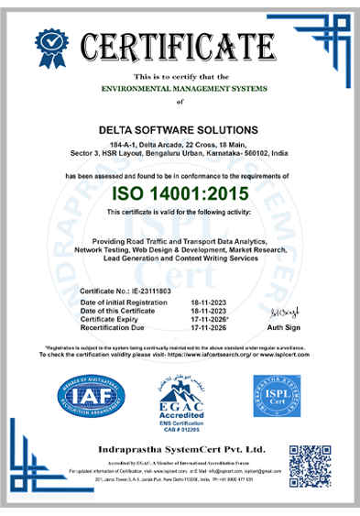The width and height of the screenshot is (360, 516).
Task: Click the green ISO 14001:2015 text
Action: click(x=180, y=192)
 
